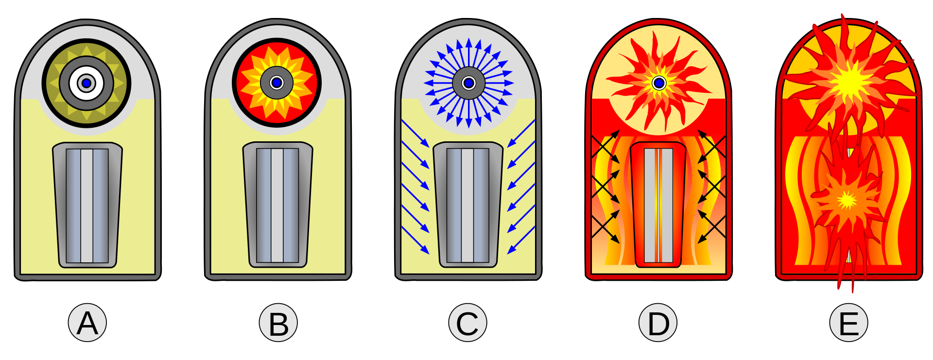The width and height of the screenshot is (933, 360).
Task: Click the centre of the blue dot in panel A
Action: coord(86,83)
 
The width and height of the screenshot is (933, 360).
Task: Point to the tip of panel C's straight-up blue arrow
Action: coord(469,38)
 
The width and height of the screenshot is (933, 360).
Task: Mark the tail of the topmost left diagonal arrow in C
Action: coord(402,120)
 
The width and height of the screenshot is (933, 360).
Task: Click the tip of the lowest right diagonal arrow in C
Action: coord(508,254)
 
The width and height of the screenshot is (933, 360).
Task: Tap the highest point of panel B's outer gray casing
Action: coord(277,19)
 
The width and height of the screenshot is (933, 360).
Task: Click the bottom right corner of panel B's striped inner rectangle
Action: coord(299,263)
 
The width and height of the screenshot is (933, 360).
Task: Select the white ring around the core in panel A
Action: coord(86,83)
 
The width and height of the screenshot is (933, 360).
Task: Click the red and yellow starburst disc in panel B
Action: coord(277,83)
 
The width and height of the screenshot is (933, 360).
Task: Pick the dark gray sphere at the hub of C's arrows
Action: coord(469,83)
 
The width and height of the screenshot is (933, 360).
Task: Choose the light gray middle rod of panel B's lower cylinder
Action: coord(277,206)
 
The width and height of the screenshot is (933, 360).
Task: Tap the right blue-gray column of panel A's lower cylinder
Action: coord(101,206)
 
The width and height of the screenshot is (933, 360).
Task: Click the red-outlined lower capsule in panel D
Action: coord(658,205)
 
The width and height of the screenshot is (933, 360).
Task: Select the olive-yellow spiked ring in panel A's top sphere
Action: coord(86,83)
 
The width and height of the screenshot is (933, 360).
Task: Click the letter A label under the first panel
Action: coord(87,323)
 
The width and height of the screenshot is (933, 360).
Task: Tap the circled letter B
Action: coord(278,323)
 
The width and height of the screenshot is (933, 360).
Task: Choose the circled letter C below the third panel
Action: coord(468,323)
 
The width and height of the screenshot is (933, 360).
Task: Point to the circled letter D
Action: coord(658,323)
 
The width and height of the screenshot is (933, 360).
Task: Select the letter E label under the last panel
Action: coord(849,323)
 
